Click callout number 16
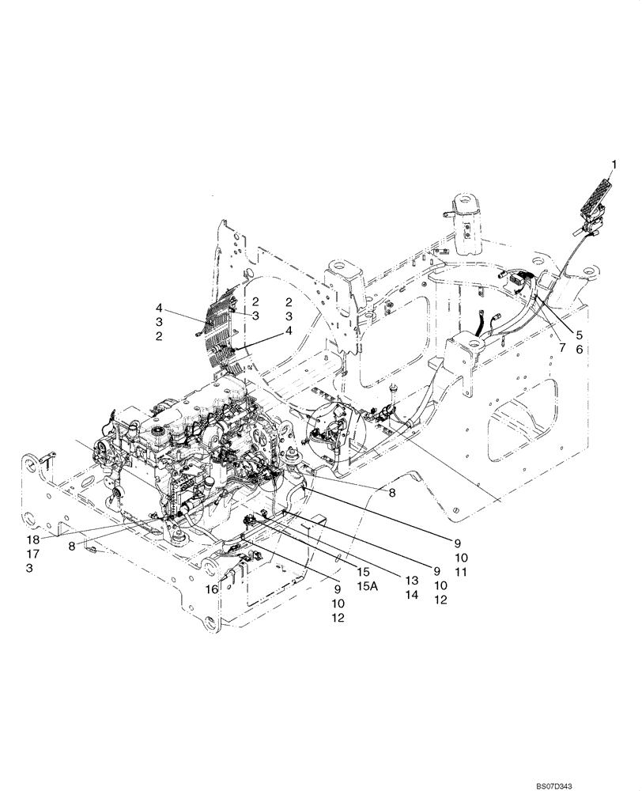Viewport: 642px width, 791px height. (x=211, y=589)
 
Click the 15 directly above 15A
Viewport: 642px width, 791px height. (x=364, y=570)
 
